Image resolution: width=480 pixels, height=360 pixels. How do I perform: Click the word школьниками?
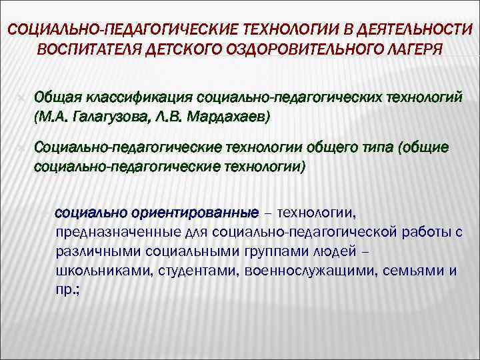point(98,271)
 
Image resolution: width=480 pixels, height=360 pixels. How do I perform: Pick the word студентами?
point(197,271)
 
